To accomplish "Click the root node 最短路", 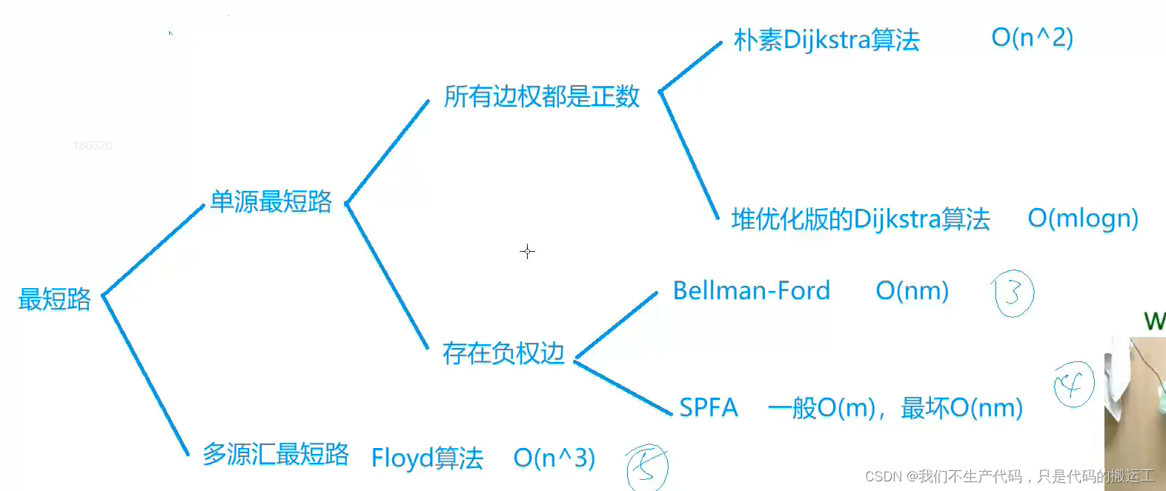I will coord(54,299).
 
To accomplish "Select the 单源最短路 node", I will coord(271,201).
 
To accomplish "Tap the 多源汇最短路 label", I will coord(276,454).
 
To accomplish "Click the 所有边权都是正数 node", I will coord(542,96).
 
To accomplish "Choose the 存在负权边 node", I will coord(503,353).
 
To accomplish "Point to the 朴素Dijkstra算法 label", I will coord(827,39).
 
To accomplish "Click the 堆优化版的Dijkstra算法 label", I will coord(861,219).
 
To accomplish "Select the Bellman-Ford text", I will coord(752,291).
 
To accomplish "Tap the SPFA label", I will coord(709,407).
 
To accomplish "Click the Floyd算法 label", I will coord(427,458).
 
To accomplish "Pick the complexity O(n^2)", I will coord(1032,37).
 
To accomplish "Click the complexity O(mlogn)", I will coord(1083,218).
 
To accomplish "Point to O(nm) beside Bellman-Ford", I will coord(912,291).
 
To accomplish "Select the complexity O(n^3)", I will coord(554,458).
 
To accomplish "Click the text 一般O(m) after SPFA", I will coord(822,407).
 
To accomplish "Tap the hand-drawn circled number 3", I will coord(1013,294).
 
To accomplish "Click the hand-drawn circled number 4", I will coord(1073,384).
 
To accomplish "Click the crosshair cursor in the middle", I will coord(527,252).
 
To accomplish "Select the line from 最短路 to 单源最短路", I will coord(153,250).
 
